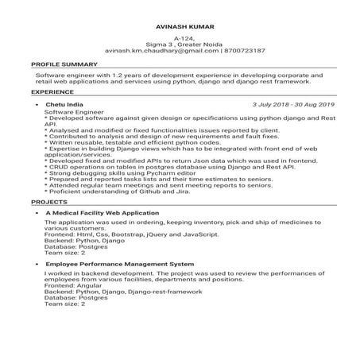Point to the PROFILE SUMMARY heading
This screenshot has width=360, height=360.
64,64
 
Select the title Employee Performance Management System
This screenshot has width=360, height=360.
119,262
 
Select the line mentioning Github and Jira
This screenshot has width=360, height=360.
119,191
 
